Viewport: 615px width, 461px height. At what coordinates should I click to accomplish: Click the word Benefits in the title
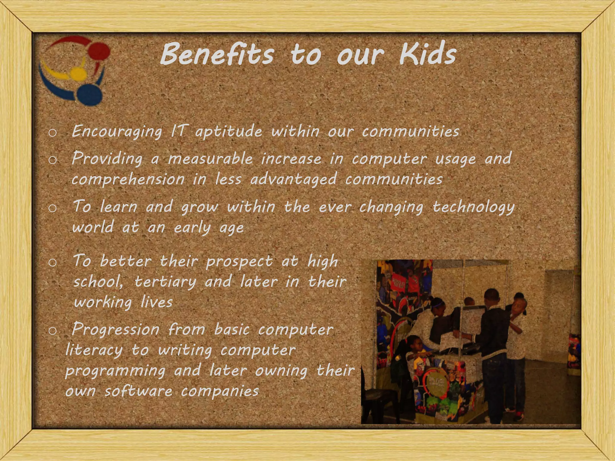click(217, 54)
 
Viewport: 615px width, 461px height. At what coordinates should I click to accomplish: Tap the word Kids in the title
click(428, 54)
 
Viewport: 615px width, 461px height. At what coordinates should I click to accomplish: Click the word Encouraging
click(117, 131)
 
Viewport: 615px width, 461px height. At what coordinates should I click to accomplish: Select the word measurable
click(210, 158)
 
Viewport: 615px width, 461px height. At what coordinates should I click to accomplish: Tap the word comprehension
click(128, 179)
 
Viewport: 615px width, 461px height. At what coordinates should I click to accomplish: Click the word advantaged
click(293, 179)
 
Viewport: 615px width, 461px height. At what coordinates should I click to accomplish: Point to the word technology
click(474, 207)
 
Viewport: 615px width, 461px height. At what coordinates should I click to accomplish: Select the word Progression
click(116, 330)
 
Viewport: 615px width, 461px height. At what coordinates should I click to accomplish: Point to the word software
click(138, 391)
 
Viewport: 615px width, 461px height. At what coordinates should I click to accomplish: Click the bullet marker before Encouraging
click(52, 133)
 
